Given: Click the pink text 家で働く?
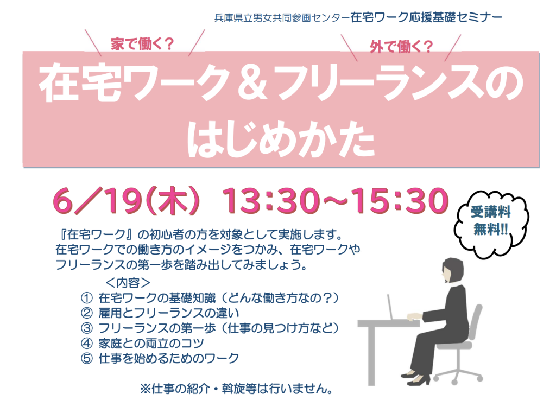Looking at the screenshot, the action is (142, 45).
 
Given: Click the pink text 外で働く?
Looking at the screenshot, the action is (401, 47).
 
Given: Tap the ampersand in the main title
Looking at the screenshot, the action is (252, 82).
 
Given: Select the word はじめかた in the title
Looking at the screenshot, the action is (281, 139).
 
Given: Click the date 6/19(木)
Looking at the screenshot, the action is (126, 201).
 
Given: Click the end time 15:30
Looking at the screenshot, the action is (401, 201).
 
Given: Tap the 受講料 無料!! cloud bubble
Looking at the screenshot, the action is (491, 223).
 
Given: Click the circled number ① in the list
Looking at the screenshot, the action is (86, 298).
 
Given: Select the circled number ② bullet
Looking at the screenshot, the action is (86, 313).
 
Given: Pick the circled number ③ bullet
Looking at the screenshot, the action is (86, 328).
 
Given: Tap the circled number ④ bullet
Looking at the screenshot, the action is (86, 344).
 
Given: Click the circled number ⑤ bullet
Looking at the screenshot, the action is (86, 359).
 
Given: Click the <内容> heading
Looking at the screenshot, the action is (128, 283).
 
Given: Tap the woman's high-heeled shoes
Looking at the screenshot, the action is (415, 378).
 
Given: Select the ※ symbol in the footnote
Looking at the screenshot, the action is (145, 389).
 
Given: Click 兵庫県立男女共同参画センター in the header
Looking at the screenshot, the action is (282, 18).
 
